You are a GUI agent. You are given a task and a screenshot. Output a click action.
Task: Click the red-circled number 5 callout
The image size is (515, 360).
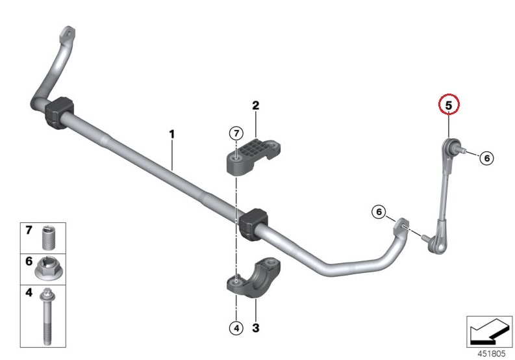tap(449, 104)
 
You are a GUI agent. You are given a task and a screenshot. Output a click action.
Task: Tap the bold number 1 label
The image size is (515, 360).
tap(172, 134)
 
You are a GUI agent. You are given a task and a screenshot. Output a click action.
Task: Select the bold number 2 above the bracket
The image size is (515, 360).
tap(255, 105)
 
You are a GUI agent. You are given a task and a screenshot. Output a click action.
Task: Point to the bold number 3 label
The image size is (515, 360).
tap(255, 328)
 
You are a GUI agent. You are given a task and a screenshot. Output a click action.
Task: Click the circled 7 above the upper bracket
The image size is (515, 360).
tap(236, 133)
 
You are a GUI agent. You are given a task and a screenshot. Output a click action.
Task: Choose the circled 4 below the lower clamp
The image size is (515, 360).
tap(236, 328)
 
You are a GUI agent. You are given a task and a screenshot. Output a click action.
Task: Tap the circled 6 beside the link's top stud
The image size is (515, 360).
tap(487, 158)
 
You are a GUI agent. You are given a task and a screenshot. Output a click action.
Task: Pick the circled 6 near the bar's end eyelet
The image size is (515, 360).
tap(379, 212)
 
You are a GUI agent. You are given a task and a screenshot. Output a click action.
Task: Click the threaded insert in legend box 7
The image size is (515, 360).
tap(48, 238)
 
